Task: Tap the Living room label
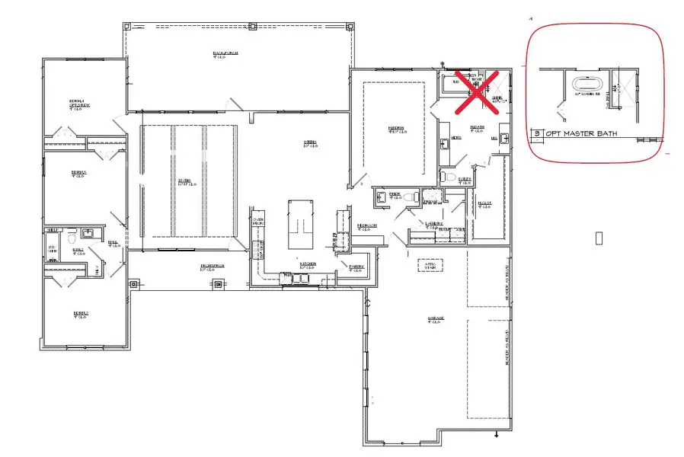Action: (184, 181)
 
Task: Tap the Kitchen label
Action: (308, 266)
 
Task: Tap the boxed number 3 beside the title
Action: (537, 133)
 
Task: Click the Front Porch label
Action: (211, 266)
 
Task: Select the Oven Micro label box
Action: (258, 222)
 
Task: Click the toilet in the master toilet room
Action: (449, 178)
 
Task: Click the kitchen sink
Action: (299, 278)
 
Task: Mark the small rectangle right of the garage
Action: (599, 238)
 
